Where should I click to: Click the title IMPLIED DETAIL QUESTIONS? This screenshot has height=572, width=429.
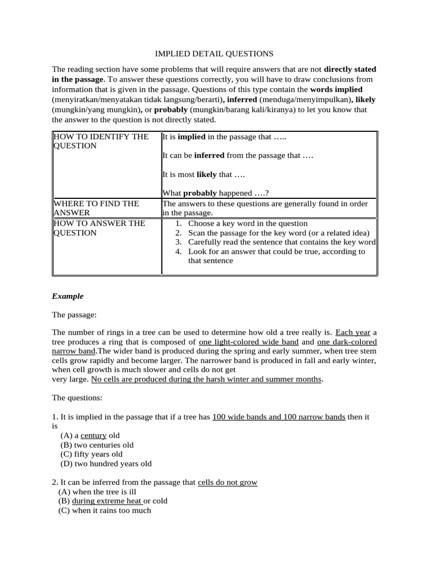214,54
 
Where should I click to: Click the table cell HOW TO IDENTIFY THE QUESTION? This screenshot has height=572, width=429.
101,141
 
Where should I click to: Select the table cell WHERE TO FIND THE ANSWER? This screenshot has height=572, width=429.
96,208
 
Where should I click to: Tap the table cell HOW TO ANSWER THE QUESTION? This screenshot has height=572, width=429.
99,227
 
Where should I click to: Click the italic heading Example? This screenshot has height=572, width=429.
68,296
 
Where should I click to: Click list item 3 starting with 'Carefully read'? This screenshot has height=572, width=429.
282,242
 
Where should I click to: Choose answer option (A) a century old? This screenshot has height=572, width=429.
90,435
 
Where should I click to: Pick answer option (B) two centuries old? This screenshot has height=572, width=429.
97,445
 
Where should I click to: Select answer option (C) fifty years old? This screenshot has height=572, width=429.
91,454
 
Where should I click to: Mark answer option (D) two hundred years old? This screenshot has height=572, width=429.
106,463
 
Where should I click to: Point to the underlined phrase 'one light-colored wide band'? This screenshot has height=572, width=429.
249,342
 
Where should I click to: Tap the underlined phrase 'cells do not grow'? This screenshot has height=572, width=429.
227,482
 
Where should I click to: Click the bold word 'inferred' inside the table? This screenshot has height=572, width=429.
209,155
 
